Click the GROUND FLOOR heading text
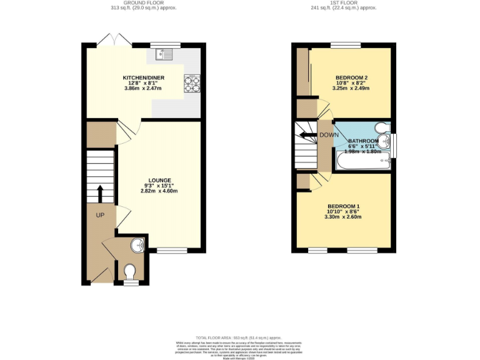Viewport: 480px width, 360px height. pyautogui.click(x=142, y=2)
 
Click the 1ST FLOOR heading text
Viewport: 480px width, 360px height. pyautogui.click(x=342, y=2)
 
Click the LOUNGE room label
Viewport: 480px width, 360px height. pyautogui.click(x=159, y=179)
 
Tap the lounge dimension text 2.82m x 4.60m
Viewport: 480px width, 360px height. pyautogui.click(x=159, y=191)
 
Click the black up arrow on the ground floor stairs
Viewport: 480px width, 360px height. pyautogui.click(x=99, y=193)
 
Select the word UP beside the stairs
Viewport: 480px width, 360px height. pyautogui.click(x=100, y=215)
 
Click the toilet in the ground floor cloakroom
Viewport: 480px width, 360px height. pyautogui.click(x=130, y=271)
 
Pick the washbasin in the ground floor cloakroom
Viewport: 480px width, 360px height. pyautogui.click(x=137, y=246)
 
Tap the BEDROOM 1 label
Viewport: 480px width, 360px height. pyautogui.click(x=344, y=206)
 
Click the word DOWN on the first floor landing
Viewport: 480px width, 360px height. pyautogui.click(x=328, y=135)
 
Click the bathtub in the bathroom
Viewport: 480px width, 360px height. pyautogui.click(x=361, y=163)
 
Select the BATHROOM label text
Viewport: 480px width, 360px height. pyautogui.click(x=363, y=141)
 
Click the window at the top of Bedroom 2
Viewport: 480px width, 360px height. pyautogui.click(x=346, y=44)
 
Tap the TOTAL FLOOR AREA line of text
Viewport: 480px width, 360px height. pyautogui.click(x=240, y=336)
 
